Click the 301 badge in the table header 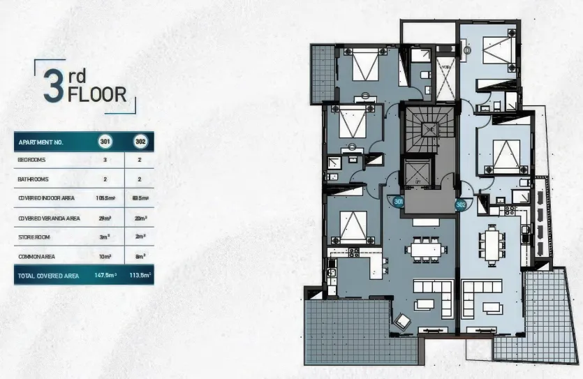pyautogui.click(x=105, y=142)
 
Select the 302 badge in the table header pyautogui.click(x=140, y=142)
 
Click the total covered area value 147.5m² pyautogui.click(x=105, y=275)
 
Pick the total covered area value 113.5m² pyautogui.click(x=140, y=275)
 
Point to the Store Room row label pyautogui.click(x=34, y=237)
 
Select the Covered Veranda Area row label pyautogui.click(x=49, y=218)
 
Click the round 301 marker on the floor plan pyautogui.click(x=399, y=202)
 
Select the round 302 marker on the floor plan pyautogui.click(x=461, y=205)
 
